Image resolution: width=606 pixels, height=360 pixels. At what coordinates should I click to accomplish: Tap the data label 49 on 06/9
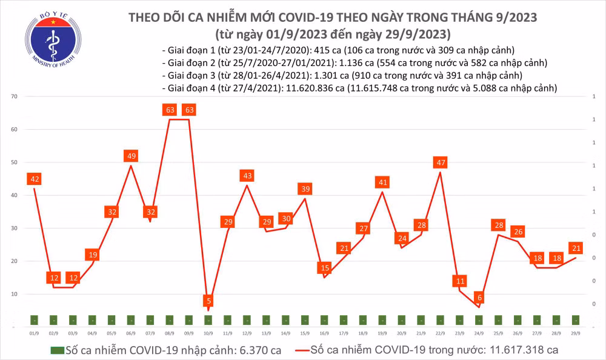(131, 156)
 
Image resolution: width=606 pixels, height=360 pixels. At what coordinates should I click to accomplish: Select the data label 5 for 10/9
(208, 301)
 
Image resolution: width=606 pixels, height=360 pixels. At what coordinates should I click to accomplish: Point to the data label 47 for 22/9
(441, 162)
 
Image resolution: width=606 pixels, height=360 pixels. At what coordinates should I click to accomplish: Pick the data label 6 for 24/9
(479, 298)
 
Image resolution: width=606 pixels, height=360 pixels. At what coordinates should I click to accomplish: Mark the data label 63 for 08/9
(170, 110)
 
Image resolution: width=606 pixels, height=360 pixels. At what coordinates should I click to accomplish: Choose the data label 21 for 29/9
(576, 248)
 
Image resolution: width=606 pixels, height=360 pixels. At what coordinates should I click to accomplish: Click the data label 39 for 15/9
(305, 189)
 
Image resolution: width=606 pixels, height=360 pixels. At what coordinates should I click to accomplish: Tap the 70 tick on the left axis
(14, 97)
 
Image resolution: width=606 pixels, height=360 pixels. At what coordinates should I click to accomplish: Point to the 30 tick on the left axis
(14, 228)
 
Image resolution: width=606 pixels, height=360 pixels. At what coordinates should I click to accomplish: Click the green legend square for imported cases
(56, 350)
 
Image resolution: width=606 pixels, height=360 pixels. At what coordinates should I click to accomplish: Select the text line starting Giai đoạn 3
(342, 75)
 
